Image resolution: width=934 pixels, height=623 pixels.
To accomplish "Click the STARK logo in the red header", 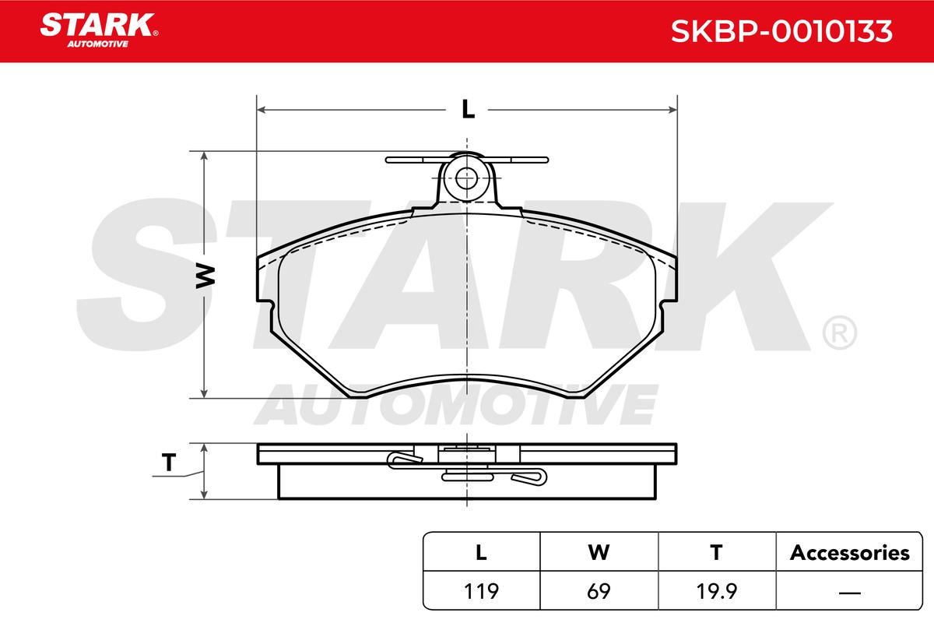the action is (99, 30).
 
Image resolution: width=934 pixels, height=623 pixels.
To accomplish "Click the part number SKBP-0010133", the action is (781, 31).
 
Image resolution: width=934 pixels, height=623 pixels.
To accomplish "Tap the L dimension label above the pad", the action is (469, 110).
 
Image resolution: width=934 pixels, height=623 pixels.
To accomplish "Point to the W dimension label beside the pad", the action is (205, 276).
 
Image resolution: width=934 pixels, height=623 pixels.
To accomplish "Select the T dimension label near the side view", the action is (169, 463).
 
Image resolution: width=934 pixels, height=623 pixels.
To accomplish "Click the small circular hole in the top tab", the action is (466, 178).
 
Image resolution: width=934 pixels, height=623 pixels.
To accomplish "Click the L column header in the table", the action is (481, 552).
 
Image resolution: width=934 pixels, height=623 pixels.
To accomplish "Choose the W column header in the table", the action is (599, 552).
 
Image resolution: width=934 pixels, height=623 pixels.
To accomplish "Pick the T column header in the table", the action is (716, 552).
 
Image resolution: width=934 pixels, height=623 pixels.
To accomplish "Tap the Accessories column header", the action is (849, 553).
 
